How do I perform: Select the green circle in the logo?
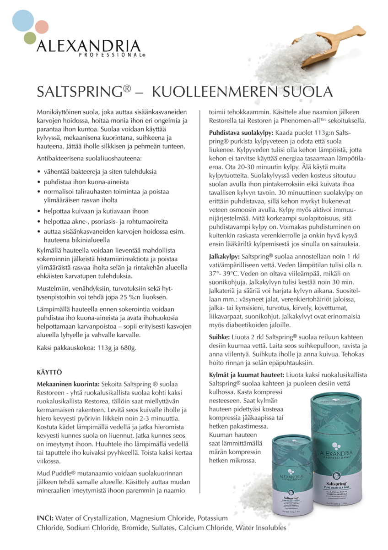click(x=30, y=38)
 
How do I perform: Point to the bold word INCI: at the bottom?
click(x=45, y=518)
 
